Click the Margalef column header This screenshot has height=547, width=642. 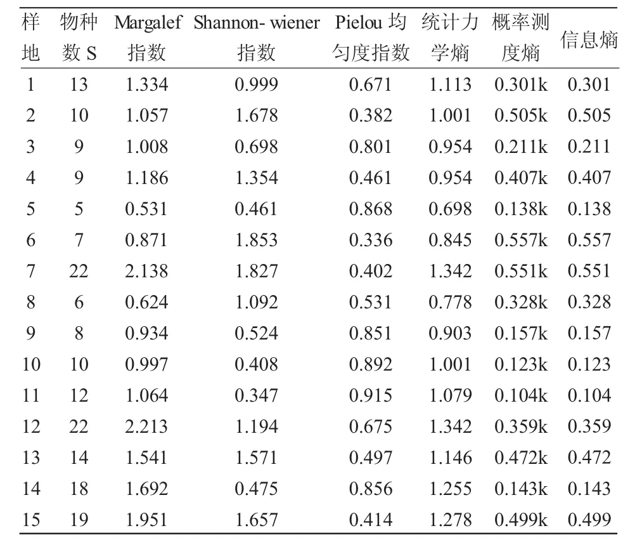click(x=148, y=22)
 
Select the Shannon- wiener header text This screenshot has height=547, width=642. click(x=256, y=22)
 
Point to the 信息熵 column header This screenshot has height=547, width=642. click(x=589, y=39)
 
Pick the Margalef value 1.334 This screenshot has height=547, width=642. click(x=146, y=84)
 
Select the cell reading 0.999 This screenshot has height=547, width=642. click(x=256, y=84)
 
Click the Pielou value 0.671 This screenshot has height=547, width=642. click(x=371, y=84)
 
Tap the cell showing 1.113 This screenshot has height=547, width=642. click(x=450, y=84)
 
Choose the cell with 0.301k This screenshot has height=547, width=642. click(x=521, y=84)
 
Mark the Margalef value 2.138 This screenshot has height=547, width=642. click(x=146, y=271)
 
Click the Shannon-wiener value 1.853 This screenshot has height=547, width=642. click(x=256, y=240)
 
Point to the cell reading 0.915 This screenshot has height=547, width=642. click(x=371, y=395)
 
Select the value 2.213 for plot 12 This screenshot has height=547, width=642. click(x=146, y=426)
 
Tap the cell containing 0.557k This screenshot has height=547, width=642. click(x=521, y=240)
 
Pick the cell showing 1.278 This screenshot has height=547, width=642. click(x=450, y=520)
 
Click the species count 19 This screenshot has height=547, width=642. click(x=79, y=520)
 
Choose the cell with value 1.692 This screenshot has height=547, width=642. click(x=146, y=489)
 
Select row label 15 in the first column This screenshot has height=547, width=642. click(x=31, y=520)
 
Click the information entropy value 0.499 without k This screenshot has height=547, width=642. click(x=589, y=520)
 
